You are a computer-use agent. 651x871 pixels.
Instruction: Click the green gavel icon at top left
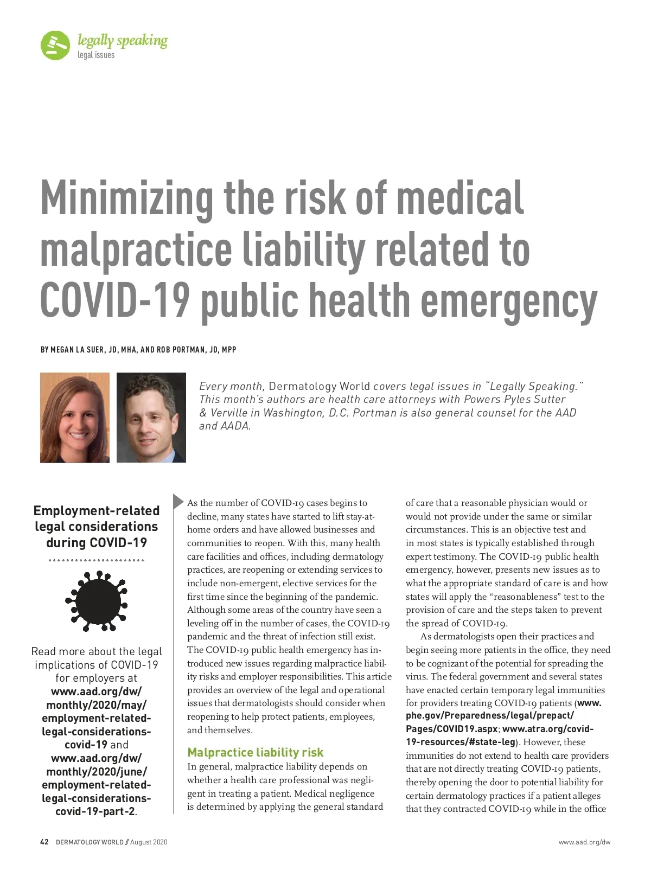click(x=55, y=46)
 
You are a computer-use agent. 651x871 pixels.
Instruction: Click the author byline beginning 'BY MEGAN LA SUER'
click(x=138, y=350)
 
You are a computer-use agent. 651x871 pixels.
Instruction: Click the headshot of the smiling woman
click(x=75, y=418)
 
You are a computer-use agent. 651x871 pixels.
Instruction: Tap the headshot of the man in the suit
click(x=151, y=418)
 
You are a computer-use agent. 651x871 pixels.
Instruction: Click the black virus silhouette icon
click(x=96, y=600)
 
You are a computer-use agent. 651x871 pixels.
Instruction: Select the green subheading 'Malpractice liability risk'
click(x=255, y=752)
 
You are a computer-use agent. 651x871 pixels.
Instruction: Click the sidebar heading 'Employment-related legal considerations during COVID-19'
click(x=97, y=526)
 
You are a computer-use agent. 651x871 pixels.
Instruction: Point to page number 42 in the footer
click(x=44, y=842)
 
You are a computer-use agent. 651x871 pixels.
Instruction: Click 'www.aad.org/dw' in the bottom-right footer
click(x=584, y=842)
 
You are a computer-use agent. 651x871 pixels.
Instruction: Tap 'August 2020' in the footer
click(x=149, y=842)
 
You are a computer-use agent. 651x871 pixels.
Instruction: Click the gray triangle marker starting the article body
click(x=178, y=502)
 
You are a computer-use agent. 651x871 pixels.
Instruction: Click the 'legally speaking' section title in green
click(x=123, y=41)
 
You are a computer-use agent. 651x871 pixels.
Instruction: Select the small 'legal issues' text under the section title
click(x=96, y=55)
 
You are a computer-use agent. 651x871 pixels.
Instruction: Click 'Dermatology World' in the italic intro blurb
click(x=319, y=386)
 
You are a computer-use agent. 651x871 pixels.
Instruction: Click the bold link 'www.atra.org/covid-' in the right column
click(x=548, y=729)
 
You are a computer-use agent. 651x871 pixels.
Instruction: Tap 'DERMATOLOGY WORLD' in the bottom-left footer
click(x=90, y=842)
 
